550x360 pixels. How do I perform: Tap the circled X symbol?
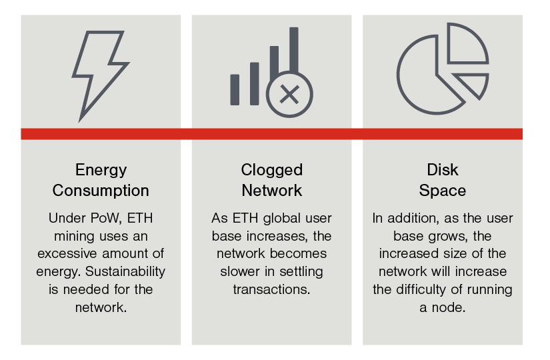[289, 94]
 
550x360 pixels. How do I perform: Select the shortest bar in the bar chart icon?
[235, 89]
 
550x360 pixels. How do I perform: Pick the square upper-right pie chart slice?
[467, 45]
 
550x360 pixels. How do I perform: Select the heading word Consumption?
[101, 190]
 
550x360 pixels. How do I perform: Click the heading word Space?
[442, 190]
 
